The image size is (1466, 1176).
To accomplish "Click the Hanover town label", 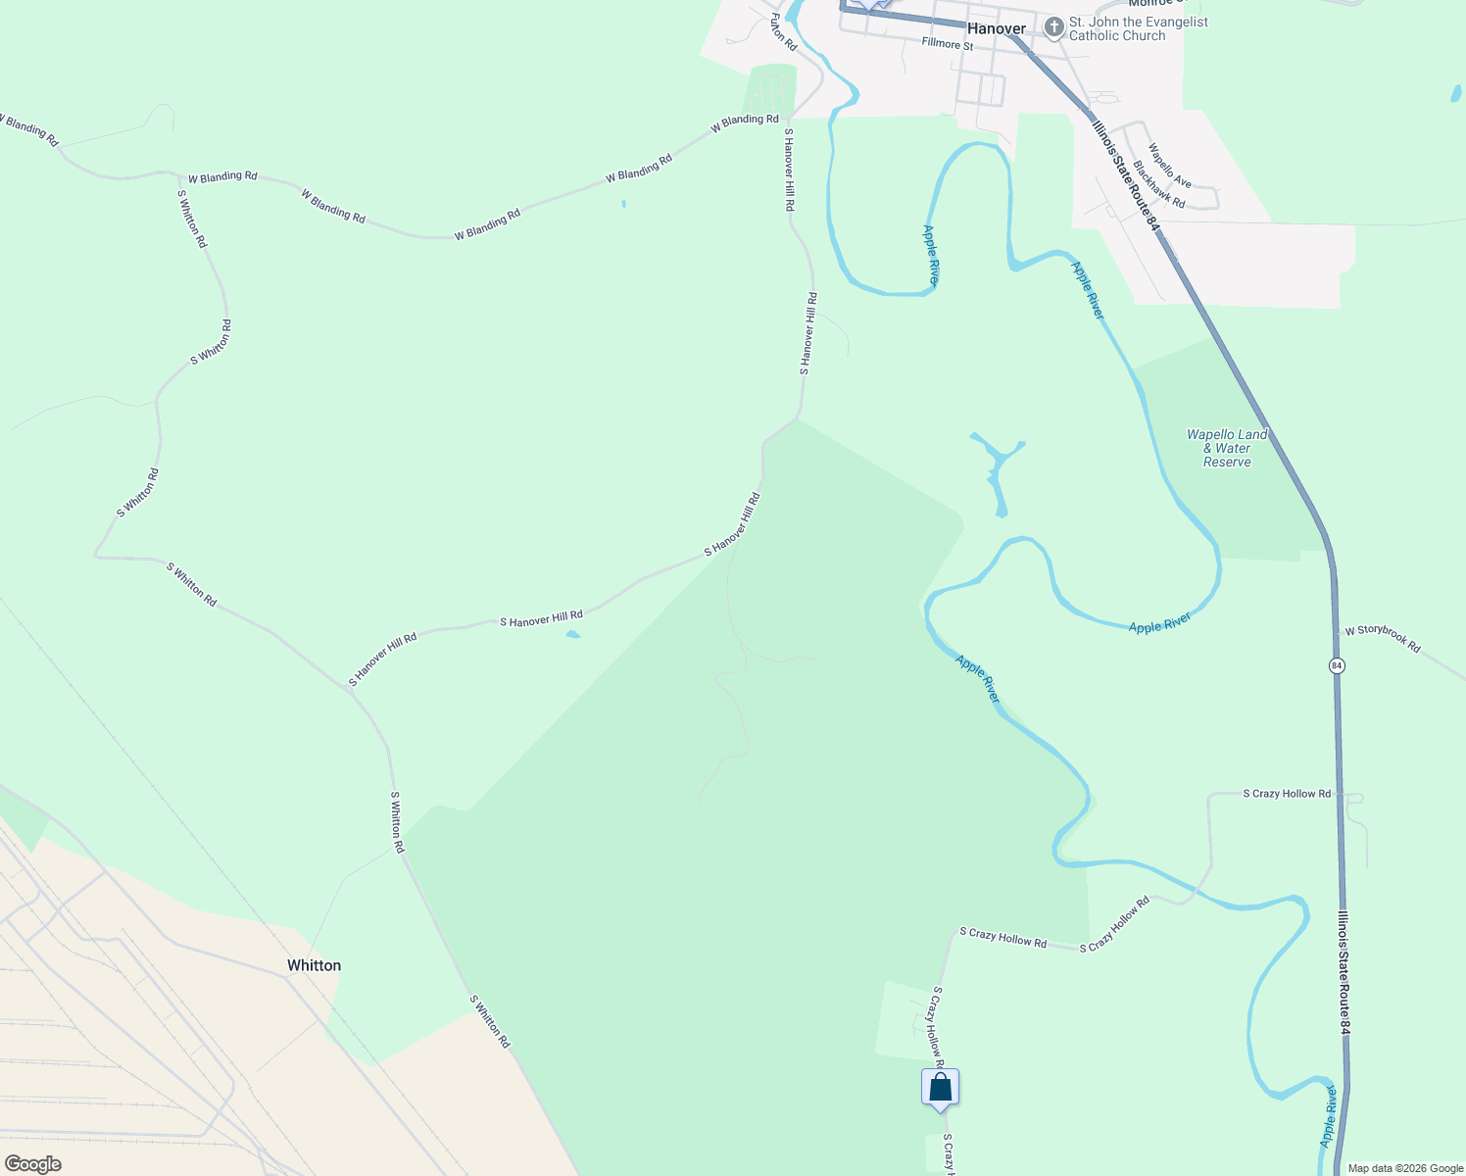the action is (996, 28).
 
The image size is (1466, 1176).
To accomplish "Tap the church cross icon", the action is (1053, 27).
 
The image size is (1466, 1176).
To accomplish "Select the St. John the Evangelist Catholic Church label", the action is (1138, 28).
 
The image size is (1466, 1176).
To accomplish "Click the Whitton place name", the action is (314, 965).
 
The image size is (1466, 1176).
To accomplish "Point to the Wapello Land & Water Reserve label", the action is (1227, 448).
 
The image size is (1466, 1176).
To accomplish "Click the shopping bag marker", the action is (940, 1088).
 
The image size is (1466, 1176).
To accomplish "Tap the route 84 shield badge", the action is (1337, 665).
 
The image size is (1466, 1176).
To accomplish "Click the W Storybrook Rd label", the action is (1382, 638).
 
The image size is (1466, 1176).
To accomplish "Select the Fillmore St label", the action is (947, 45).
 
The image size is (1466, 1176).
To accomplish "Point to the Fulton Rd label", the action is (783, 32).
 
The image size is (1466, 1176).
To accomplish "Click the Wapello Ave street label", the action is (1169, 167).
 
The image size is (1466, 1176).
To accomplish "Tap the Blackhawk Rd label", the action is (1158, 185).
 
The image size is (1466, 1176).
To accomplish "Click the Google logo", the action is (32, 1164).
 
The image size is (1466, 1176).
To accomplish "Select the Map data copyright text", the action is (1405, 1168).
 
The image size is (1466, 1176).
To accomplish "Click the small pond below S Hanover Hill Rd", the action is (573, 635).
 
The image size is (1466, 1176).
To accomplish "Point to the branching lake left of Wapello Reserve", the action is (997, 468).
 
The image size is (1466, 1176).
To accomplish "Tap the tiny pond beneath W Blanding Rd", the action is (623, 204).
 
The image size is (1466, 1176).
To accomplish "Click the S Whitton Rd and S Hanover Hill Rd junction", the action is (349, 688).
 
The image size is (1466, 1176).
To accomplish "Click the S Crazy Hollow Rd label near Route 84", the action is (1287, 794).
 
